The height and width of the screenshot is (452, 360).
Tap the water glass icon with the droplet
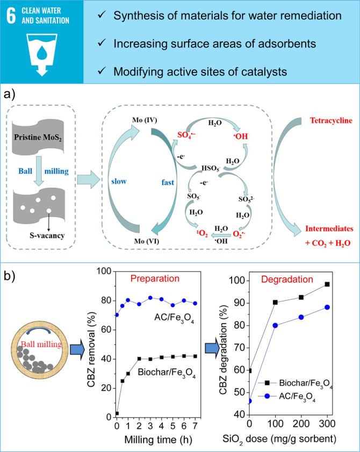point(41,54)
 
